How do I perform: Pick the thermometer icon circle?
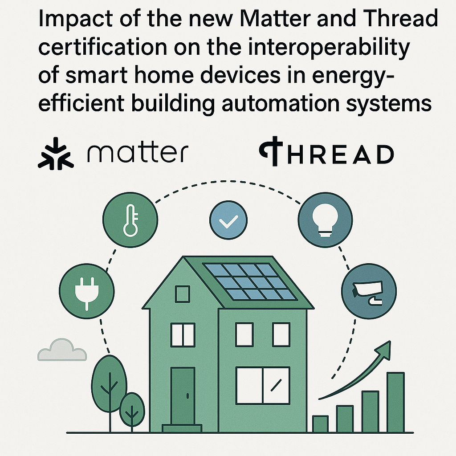(130, 220)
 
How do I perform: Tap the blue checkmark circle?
(228, 220)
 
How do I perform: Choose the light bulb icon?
(325, 220)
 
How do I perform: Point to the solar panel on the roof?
(249, 281)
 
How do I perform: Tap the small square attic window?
(182, 294)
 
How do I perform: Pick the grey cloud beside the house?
(62, 350)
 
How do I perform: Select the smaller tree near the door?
(132, 410)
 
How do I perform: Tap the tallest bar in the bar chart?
(395, 402)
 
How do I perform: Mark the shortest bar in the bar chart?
(321, 423)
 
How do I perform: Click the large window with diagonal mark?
(262, 385)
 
